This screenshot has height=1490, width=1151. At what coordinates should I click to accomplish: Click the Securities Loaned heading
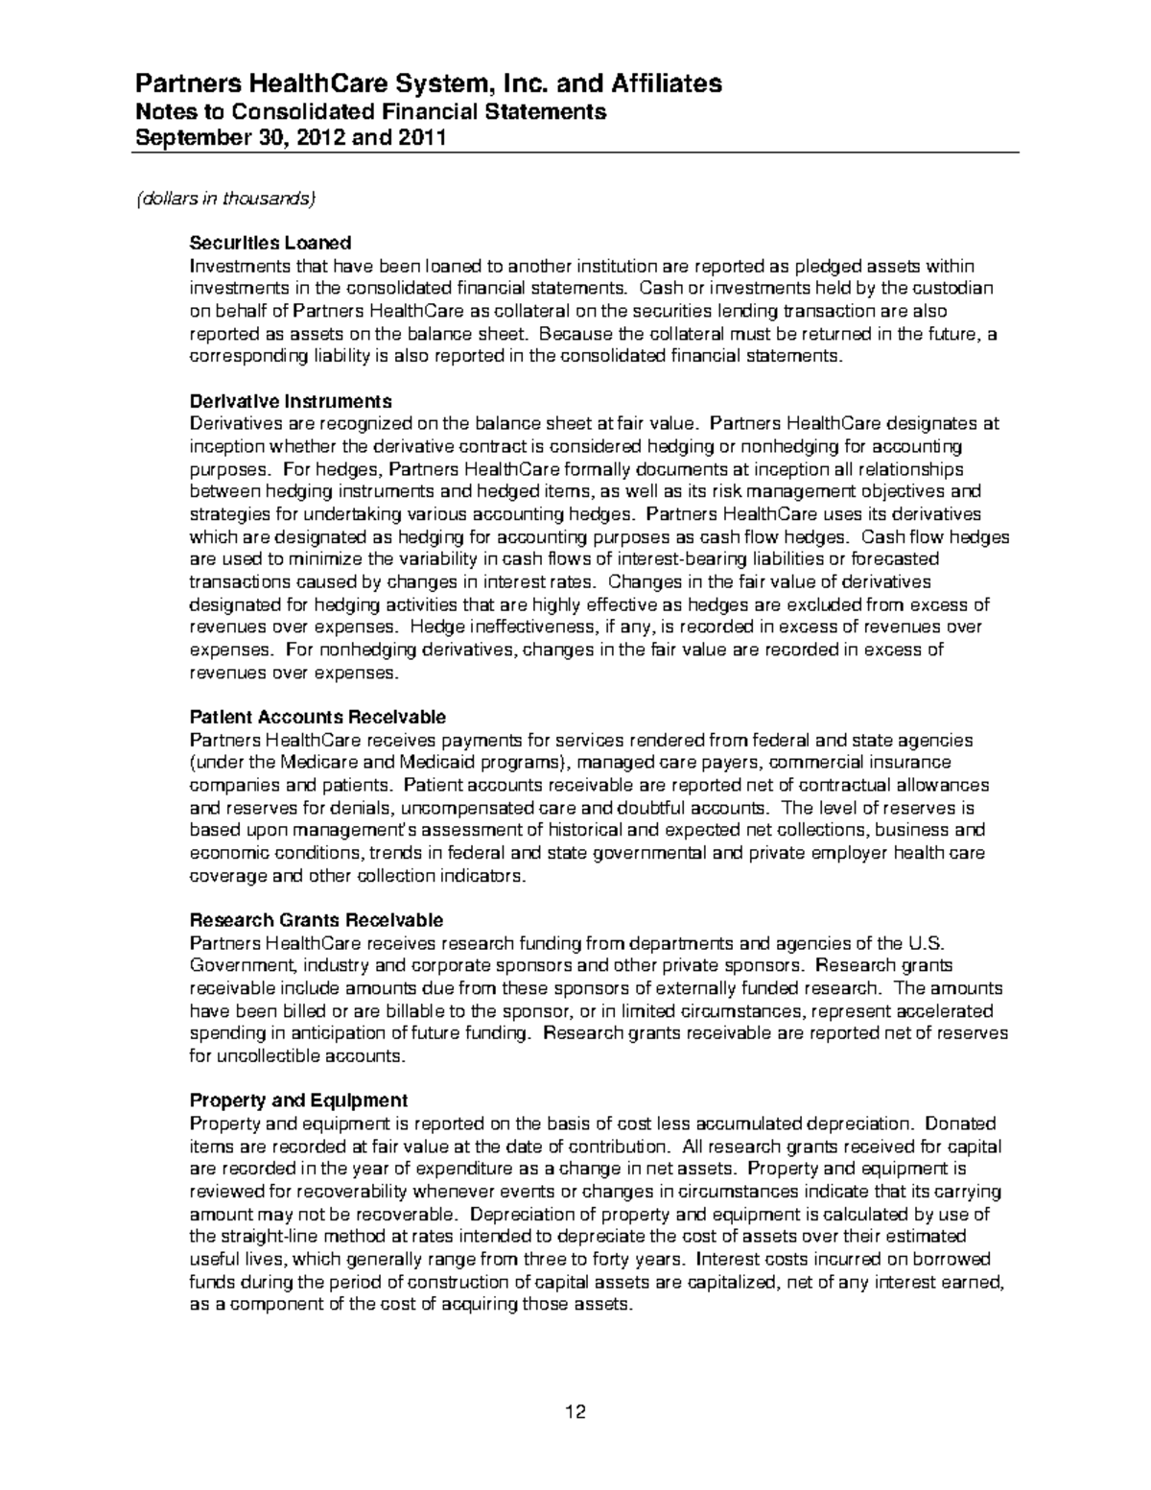270,243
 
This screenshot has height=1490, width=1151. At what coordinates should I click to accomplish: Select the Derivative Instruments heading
291,401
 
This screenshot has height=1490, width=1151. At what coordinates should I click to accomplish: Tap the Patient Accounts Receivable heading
317,717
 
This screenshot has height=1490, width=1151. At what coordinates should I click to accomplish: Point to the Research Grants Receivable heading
317,920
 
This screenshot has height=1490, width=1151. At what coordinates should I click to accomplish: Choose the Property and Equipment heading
298,1100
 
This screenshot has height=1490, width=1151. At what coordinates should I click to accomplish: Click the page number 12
575,1412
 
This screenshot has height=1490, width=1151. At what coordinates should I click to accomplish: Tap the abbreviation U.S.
928,943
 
